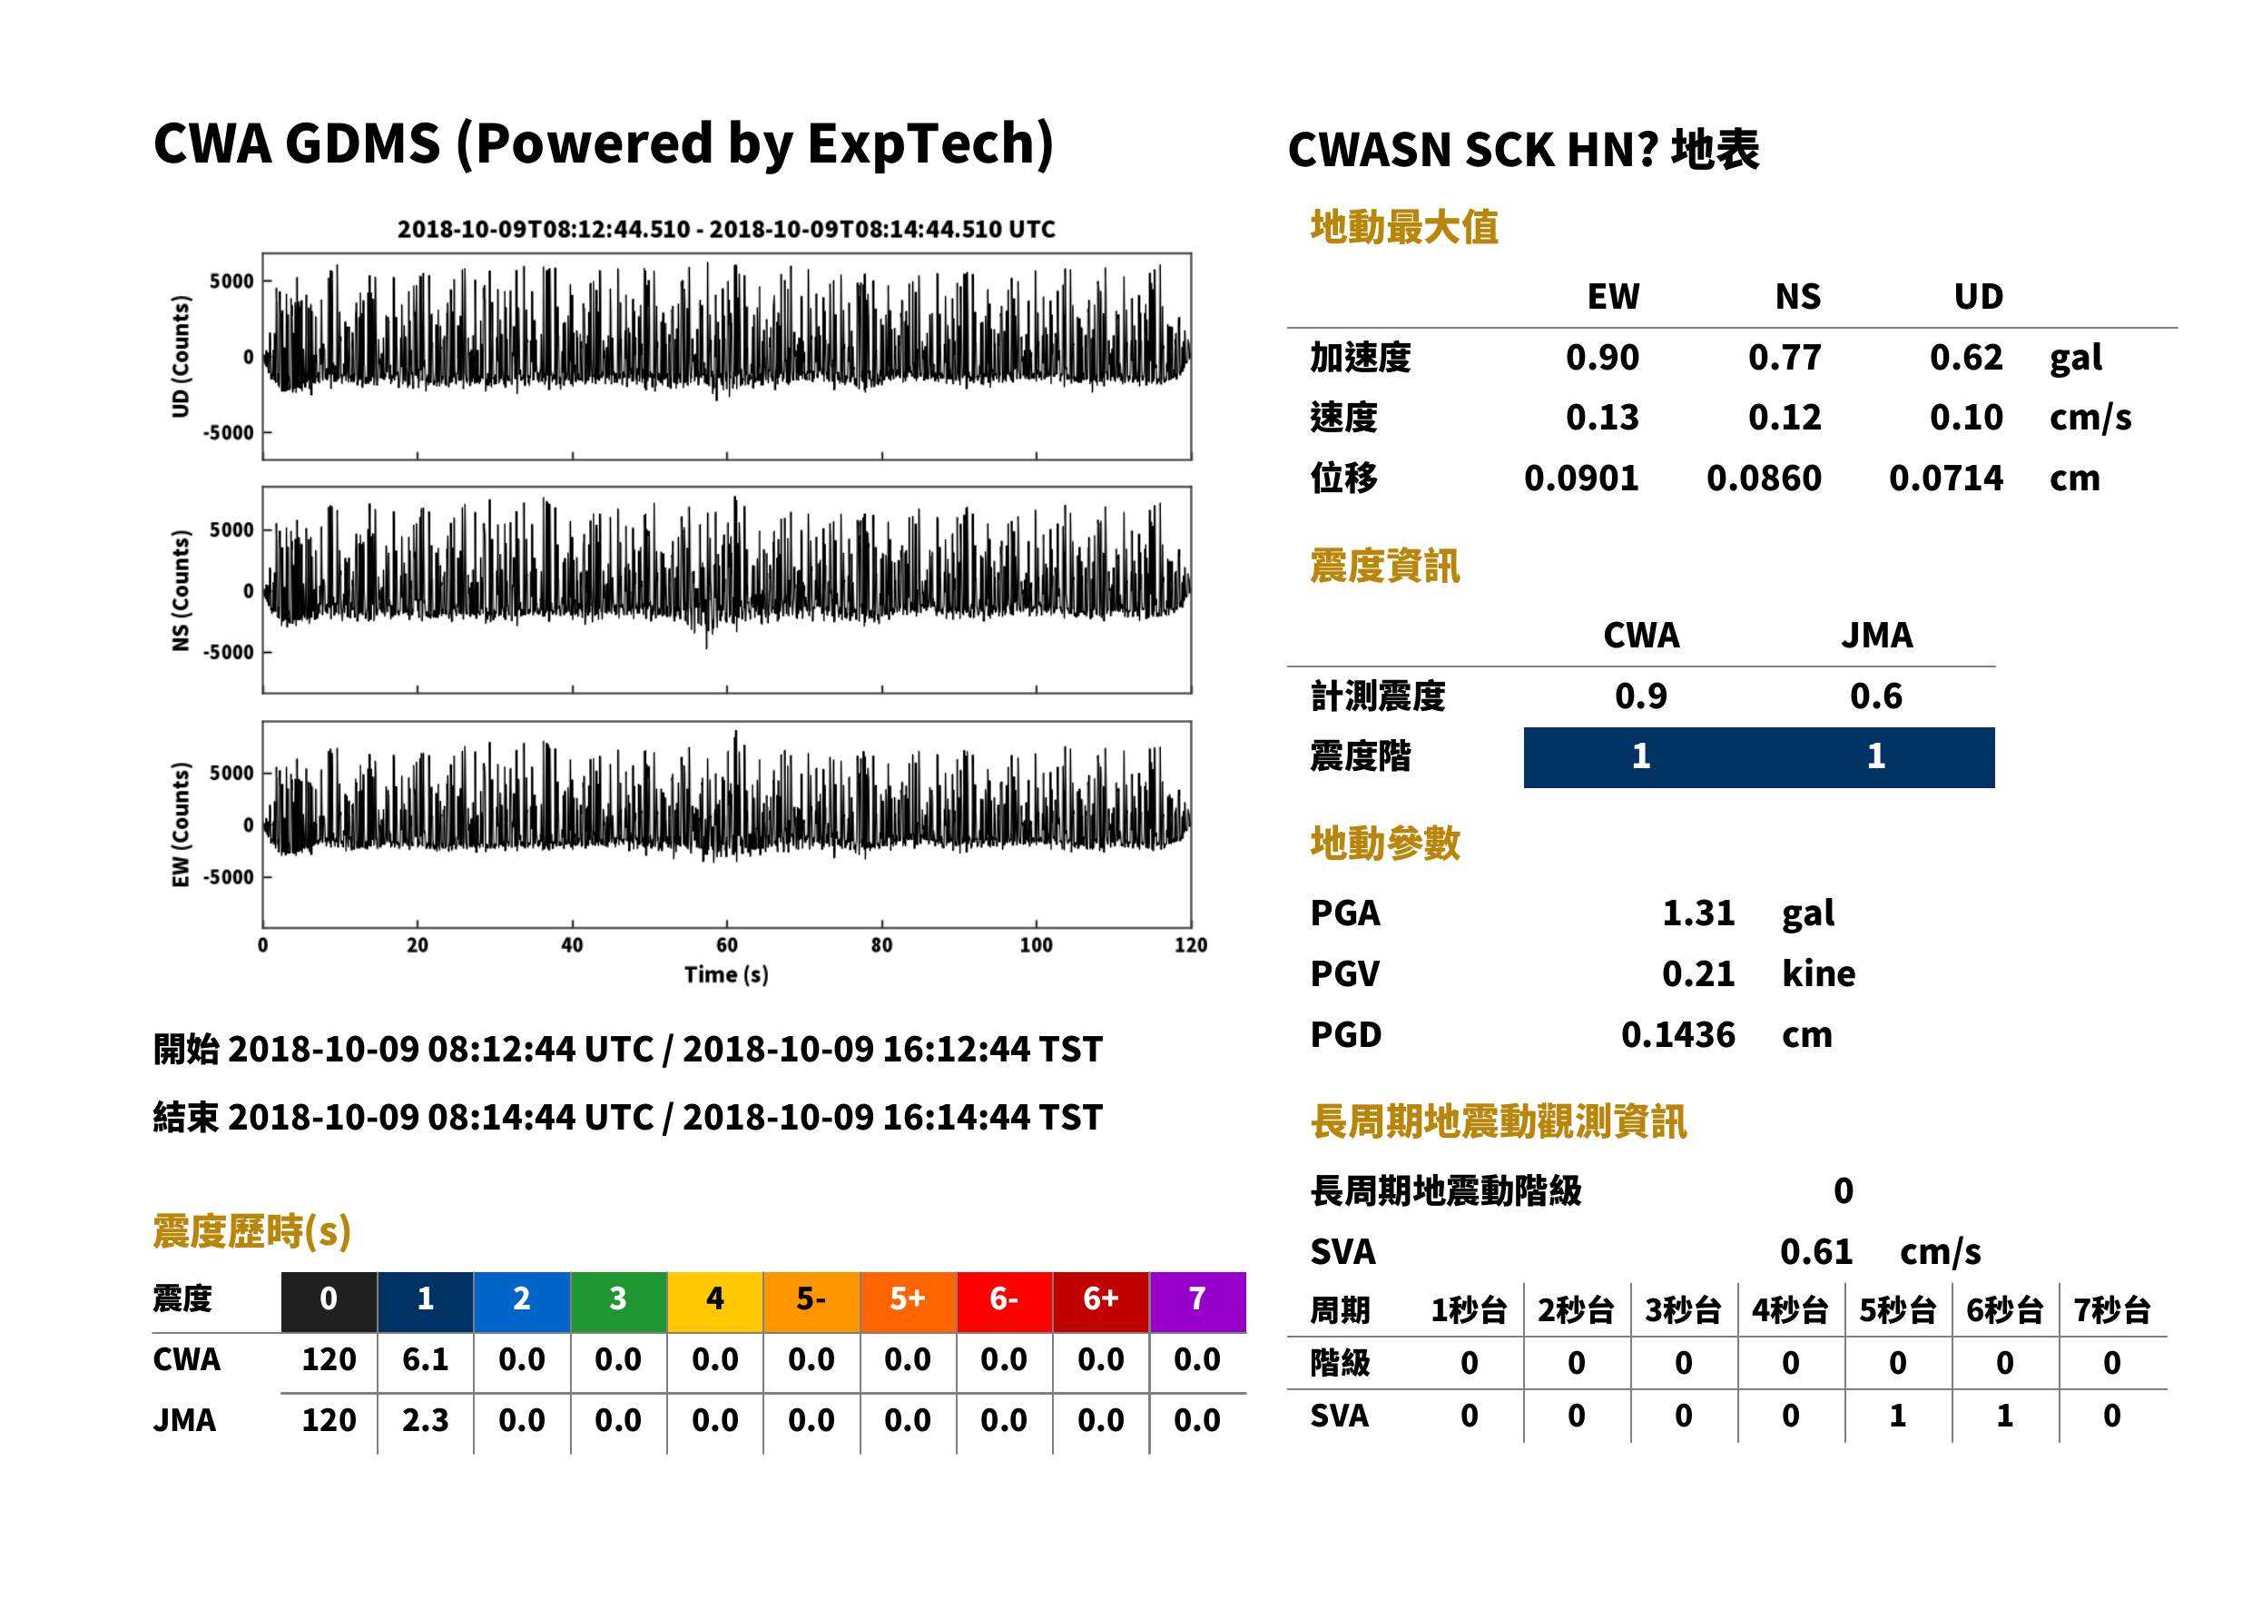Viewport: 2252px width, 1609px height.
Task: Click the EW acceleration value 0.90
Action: click(1601, 357)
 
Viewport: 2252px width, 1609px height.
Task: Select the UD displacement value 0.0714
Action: click(1945, 478)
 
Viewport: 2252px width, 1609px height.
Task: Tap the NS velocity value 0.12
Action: click(1784, 417)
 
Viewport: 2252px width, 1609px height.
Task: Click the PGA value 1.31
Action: click(1697, 913)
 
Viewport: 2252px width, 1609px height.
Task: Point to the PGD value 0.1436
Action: click(1677, 1034)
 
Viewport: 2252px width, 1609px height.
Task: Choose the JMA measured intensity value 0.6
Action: click(1875, 696)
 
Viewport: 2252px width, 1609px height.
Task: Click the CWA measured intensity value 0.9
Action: click(1641, 696)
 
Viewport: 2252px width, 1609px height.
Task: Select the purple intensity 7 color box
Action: click(1197, 1301)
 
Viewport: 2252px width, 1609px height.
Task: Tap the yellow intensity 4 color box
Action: click(715, 1301)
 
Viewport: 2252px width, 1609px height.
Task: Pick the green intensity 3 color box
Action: click(618, 1301)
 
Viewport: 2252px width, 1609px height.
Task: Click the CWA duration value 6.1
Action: click(425, 1359)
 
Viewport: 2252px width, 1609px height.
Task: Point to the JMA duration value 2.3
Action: click(425, 1420)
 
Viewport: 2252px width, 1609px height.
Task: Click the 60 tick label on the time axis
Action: click(727, 945)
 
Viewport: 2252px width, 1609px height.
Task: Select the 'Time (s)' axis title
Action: click(726, 975)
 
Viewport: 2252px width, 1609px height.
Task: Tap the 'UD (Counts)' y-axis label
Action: click(181, 356)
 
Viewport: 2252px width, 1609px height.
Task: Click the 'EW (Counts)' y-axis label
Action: click(181, 824)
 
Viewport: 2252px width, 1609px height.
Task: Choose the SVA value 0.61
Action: click(1815, 1251)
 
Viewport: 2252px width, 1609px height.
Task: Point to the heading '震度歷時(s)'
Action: click(252, 1231)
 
